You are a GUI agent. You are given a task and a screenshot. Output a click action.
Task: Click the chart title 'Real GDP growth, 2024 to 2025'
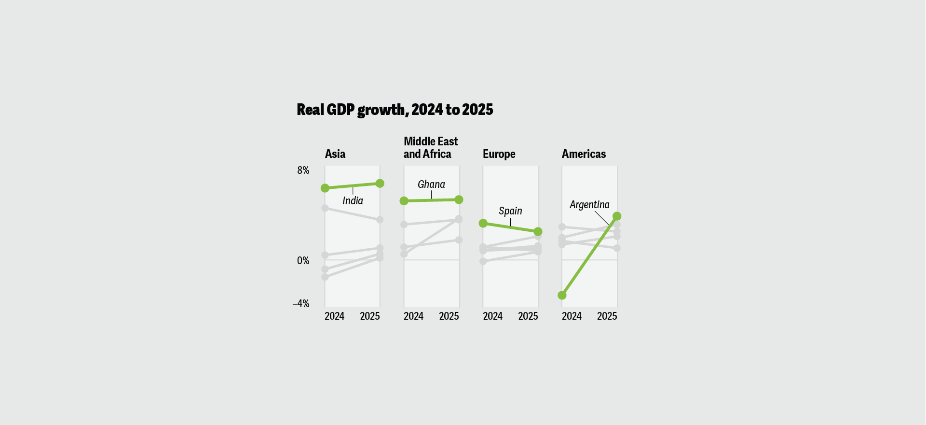395,110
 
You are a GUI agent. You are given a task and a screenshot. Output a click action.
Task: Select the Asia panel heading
335,154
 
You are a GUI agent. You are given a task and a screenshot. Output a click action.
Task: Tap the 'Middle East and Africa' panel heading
430,148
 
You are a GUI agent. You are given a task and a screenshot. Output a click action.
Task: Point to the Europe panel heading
499,154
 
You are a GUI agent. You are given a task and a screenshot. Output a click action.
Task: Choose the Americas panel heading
584,154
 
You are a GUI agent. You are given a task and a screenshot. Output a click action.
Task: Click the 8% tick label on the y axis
303,170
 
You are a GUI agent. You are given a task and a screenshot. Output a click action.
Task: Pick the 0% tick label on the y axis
303,261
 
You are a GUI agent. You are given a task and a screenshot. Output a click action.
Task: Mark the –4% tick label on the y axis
301,304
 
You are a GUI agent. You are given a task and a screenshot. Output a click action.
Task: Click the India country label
353,201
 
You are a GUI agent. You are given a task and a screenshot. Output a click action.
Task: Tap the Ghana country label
431,184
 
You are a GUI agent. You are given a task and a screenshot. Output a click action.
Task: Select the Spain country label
510,211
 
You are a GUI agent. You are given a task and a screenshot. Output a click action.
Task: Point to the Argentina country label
589,205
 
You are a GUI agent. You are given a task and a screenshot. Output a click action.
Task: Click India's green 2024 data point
325,188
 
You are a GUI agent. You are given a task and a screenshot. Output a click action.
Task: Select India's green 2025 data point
380,184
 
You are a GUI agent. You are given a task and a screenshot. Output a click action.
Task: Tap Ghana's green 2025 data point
459,199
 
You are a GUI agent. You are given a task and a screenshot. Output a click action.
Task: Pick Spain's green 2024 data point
483,223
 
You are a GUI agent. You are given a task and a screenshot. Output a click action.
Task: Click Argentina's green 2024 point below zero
562,295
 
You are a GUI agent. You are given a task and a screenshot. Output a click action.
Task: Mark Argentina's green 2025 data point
617,216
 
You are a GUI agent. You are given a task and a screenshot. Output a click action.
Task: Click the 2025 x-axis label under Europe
528,316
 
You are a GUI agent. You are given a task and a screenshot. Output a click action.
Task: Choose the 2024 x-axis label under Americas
572,316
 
